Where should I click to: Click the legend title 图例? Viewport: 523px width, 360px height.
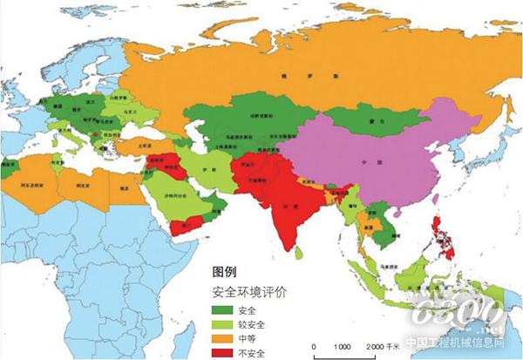pyautogui.click(x=226, y=273)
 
